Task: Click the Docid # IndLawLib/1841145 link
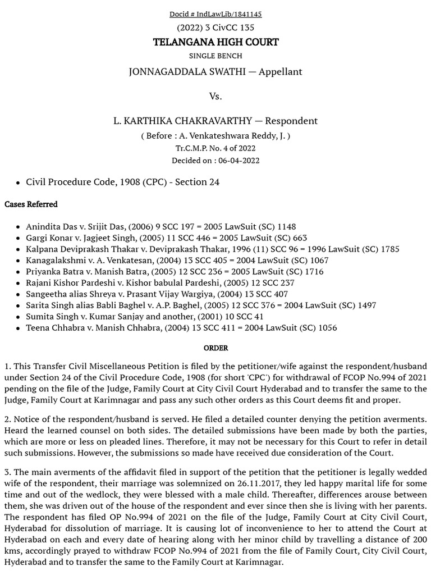click(215, 14)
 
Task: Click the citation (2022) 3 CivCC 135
click(215, 28)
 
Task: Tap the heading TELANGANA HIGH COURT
click(215, 42)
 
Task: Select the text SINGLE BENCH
click(215, 56)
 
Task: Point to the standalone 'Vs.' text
click(215, 96)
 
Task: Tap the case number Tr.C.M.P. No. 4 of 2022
click(215, 148)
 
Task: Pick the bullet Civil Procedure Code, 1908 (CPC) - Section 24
click(122, 182)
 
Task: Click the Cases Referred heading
click(31, 204)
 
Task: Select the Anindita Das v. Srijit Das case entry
click(161, 227)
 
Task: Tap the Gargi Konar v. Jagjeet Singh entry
click(166, 238)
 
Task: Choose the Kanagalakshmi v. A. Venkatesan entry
click(177, 261)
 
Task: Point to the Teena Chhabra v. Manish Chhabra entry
click(181, 328)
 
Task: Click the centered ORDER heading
click(215, 348)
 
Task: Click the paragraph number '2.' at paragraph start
click(8, 419)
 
